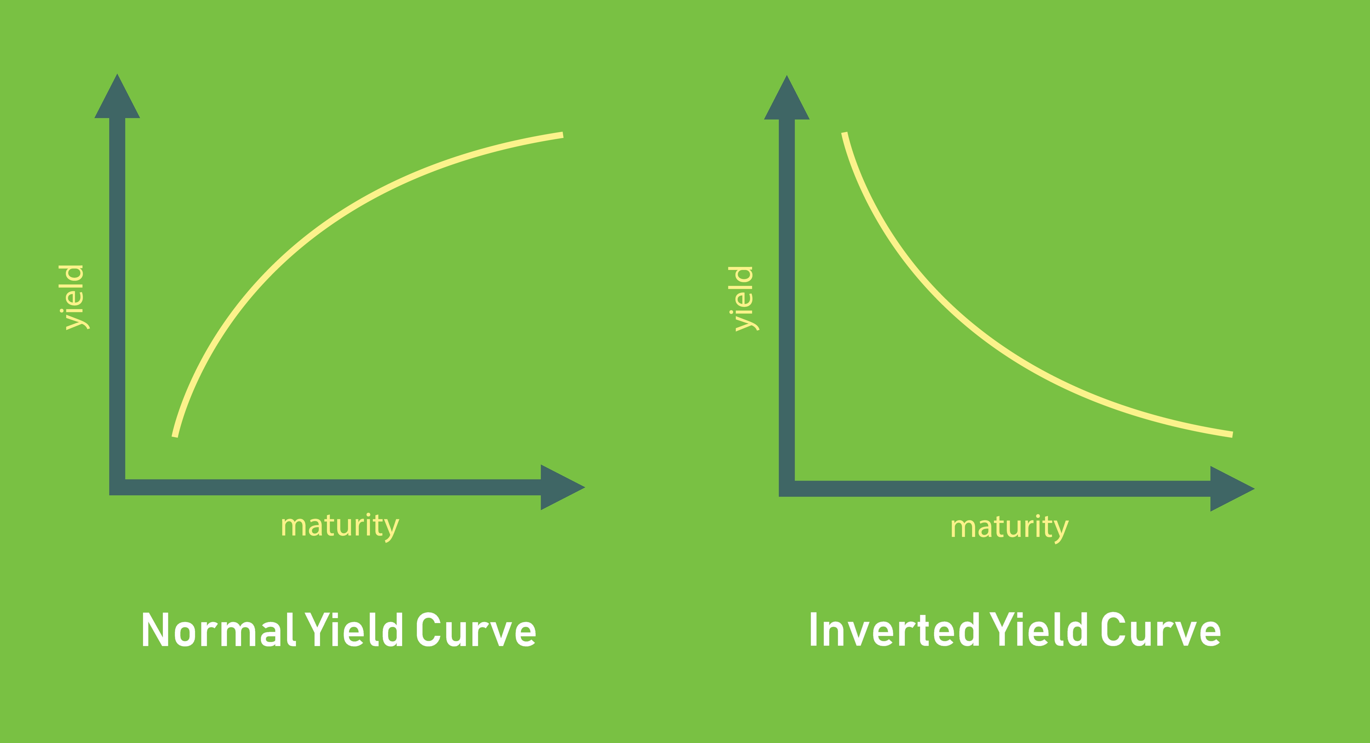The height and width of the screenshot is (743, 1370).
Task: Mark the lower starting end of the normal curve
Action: [x=175, y=436]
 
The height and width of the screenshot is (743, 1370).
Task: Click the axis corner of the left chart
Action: [x=117, y=487]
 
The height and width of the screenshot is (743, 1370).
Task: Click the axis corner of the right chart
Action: [x=787, y=489]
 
